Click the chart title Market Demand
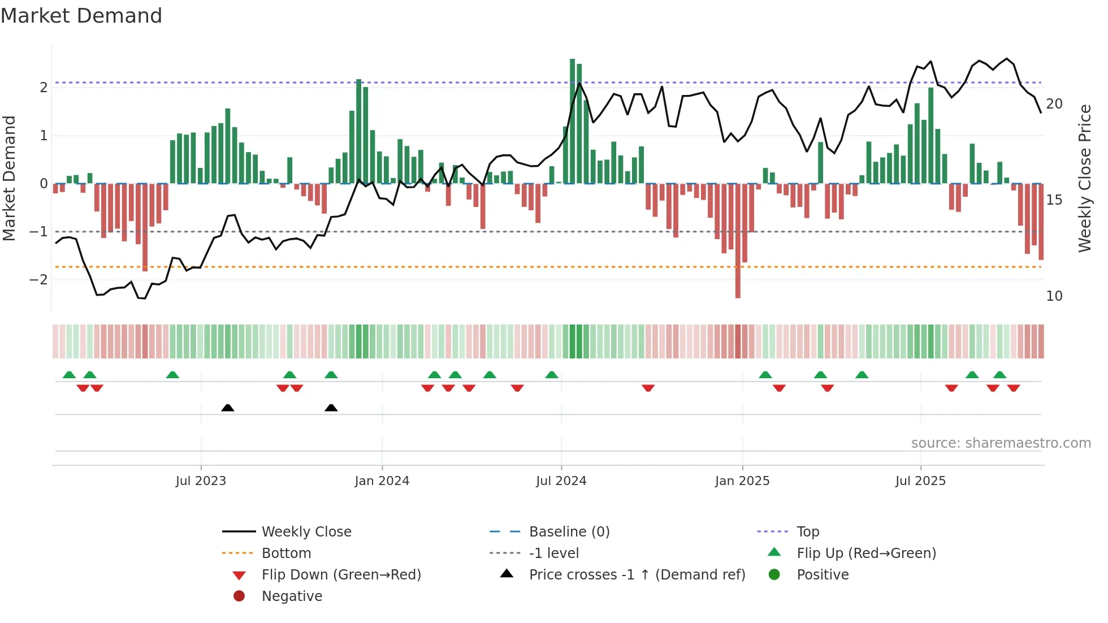81,16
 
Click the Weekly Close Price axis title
1084,178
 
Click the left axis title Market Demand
9,178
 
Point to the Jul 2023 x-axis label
201,481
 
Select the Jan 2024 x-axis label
382,481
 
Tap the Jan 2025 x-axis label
742,481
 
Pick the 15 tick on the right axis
1054,200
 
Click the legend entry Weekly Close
306,532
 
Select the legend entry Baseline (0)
569,532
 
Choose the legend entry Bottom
286,553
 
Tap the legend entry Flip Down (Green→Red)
341,575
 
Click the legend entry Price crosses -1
637,575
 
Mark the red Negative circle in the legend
239,596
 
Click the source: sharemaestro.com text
1001,443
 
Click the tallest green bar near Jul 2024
572,121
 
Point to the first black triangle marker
228,408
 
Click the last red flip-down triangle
1013,388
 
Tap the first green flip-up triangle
69,375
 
